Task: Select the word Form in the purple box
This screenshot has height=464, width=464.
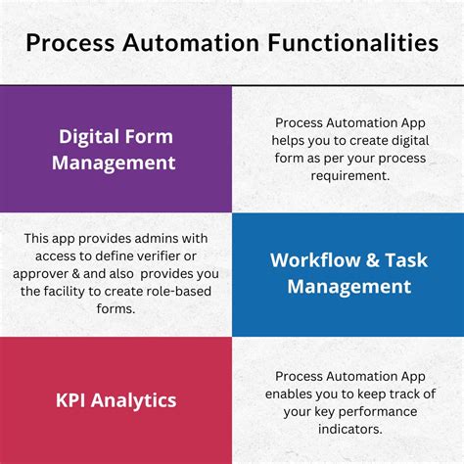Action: [157, 135]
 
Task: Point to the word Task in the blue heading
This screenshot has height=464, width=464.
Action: [405, 260]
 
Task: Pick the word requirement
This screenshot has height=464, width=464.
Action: [331, 177]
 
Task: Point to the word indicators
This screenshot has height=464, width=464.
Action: [348, 429]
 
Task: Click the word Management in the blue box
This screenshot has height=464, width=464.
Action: [341, 287]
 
